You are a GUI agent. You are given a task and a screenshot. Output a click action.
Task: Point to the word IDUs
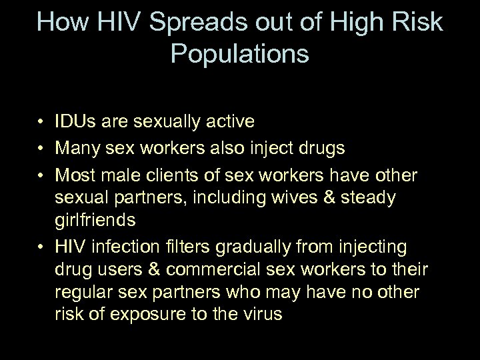point(75,122)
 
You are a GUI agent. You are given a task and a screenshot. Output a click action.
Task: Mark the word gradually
point(249,247)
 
